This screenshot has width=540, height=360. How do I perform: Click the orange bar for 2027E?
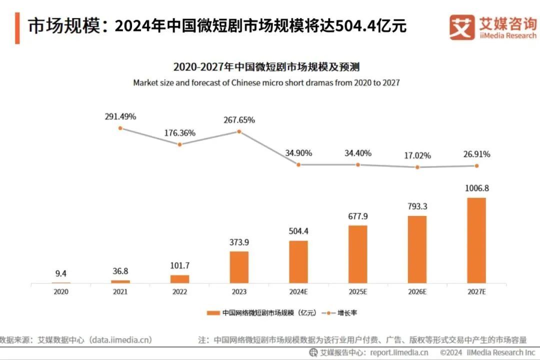click(476, 240)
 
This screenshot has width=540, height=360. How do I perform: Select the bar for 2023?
click(239, 267)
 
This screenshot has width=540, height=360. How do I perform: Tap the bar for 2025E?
click(357, 254)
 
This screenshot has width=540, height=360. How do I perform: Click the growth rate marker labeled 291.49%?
click(120, 128)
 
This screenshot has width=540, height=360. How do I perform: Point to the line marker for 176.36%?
click(179, 144)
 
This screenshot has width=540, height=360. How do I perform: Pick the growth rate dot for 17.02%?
click(417, 167)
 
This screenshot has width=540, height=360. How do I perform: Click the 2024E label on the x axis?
click(298, 291)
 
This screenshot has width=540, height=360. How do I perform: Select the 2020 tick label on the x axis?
click(61, 291)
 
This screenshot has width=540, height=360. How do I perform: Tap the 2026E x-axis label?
click(417, 291)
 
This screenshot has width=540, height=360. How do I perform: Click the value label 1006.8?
click(476, 189)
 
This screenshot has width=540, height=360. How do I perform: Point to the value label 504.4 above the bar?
click(298, 231)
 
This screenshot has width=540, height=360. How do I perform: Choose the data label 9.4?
click(61, 273)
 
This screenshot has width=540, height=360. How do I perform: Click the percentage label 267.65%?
click(239, 120)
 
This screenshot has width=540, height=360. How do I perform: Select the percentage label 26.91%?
click(476, 154)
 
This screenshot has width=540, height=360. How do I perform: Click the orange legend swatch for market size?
click(213, 313)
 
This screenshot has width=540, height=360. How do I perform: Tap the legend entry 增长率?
click(346, 313)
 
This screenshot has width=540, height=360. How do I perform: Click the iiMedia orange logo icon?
click(461, 27)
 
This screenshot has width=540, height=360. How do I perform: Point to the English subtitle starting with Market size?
click(266, 82)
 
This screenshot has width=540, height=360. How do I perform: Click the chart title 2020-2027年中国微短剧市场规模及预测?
click(266, 67)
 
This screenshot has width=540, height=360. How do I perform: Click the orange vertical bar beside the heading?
click(17, 28)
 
